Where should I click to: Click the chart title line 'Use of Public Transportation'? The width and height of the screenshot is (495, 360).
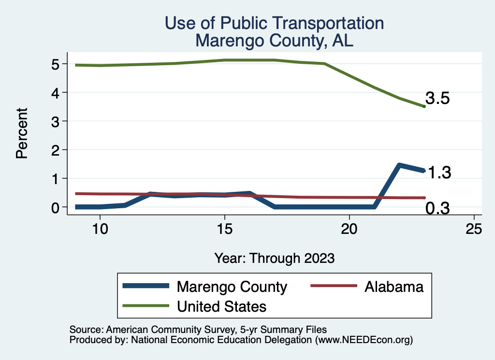click(274, 23)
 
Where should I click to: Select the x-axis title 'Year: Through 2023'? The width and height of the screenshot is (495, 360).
click(275, 258)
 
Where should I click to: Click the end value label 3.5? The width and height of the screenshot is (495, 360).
click(437, 99)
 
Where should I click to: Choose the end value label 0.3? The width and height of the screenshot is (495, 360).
click(437, 208)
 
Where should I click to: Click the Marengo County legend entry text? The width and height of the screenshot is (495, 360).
click(232, 287)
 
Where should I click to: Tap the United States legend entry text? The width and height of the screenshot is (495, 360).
click(222, 306)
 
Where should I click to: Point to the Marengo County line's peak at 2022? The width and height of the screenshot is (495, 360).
click(399, 165)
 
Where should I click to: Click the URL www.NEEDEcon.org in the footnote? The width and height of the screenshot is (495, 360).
click(364, 340)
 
